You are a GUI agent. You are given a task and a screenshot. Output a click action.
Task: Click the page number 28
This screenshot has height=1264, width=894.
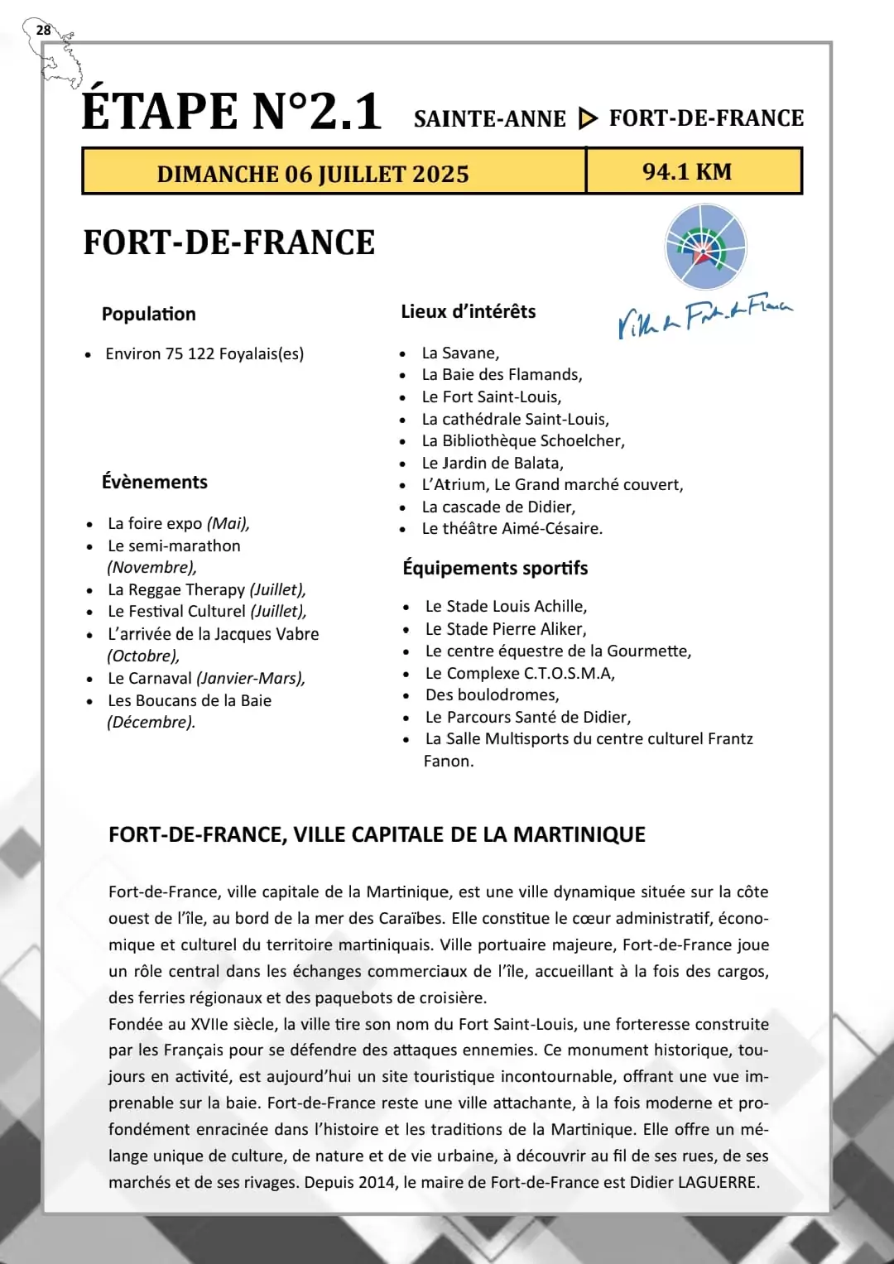pos(43,31)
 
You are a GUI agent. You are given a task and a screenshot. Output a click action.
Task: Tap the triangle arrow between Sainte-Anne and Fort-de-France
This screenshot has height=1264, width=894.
pos(587,119)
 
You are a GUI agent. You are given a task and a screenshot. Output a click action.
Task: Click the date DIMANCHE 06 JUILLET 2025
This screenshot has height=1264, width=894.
pos(313,174)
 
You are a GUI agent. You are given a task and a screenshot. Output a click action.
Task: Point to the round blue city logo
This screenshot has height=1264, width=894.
pos(705,248)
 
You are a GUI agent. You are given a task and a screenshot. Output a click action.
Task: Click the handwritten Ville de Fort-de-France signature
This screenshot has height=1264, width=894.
pos(704,315)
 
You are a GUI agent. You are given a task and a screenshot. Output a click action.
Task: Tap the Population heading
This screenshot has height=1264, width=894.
pos(149,314)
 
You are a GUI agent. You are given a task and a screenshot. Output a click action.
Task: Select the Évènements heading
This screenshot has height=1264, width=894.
pos(155,482)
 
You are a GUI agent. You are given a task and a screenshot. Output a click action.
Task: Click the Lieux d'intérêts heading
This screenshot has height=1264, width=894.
pos(469,311)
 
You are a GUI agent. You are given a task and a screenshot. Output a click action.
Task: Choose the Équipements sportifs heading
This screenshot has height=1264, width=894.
pos(495,568)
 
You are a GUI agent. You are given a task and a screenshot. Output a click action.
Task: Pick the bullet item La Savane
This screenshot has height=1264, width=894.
pos(460,353)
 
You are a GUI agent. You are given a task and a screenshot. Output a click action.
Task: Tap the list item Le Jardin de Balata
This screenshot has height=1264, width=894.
pos(493,463)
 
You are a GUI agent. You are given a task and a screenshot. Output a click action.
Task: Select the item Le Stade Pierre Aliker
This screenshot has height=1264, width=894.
pos(506,629)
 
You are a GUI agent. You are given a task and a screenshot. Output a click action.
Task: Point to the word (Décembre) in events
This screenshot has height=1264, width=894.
pos(151,722)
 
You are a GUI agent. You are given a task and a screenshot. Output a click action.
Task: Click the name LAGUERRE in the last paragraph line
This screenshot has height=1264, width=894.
pos(718,1182)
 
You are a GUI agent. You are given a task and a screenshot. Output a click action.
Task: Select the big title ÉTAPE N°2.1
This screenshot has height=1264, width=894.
pos(232,111)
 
